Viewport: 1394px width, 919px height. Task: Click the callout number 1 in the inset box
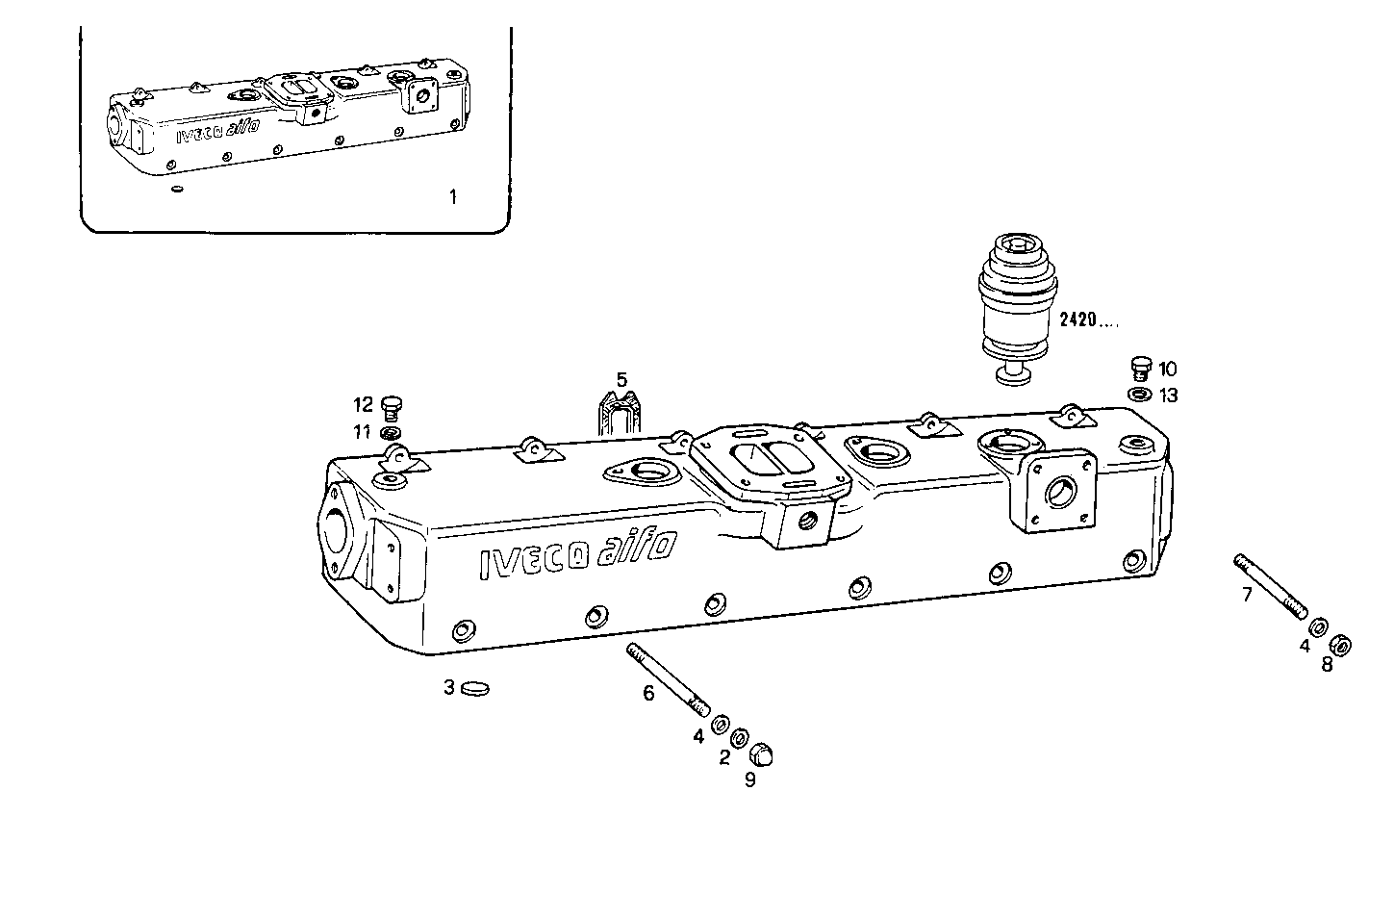pos(453,197)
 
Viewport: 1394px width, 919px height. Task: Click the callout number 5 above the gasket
pos(621,379)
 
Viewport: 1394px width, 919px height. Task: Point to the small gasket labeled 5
pos(616,415)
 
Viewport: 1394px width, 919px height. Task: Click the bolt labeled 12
pos(391,407)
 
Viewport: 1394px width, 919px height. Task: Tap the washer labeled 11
pos(392,432)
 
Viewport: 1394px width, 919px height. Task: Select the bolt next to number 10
pos(1141,368)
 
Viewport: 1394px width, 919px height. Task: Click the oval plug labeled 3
pos(475,688)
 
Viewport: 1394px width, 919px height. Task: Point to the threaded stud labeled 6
pos(668,679)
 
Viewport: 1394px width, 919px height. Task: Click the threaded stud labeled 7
pos(1270,586)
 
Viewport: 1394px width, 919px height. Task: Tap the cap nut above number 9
pos(762,753)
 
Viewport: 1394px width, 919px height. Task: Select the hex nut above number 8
pos(1341,644)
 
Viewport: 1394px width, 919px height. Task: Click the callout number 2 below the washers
pos(724,758)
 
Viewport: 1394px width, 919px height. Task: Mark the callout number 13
pos(1168,396)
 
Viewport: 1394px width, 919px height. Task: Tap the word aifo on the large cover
pos(635,551)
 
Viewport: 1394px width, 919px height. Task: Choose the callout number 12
pos(362,405)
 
